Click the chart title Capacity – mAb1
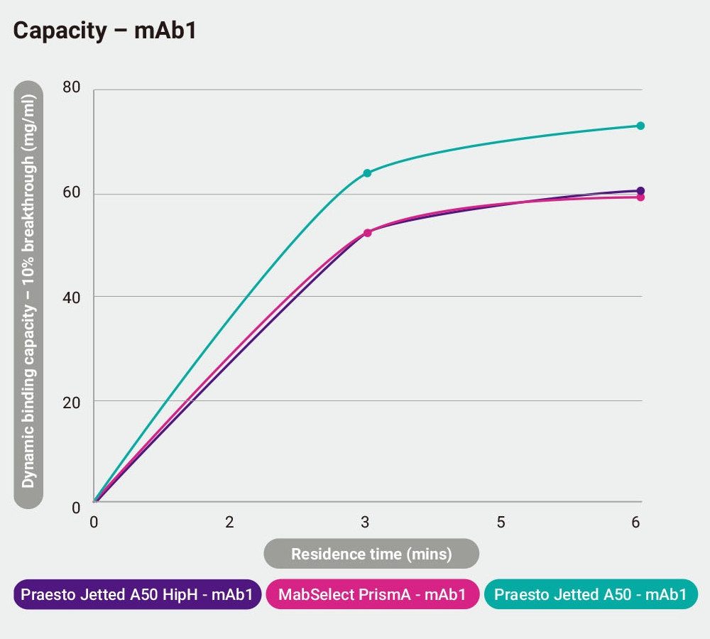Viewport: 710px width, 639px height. point(104,31)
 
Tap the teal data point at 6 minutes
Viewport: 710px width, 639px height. point(640,126)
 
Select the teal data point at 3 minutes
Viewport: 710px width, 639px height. point(367,173)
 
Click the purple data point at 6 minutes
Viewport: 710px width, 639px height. point(640,190)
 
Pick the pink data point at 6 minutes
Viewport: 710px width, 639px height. point(640,197)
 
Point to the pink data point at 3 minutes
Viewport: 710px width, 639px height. point(367,233)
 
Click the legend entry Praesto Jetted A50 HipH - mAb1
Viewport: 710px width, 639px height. point(137,595)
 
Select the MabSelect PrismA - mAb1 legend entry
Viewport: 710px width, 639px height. point(372,595)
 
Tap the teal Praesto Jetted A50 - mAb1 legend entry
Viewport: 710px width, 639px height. point(591,595)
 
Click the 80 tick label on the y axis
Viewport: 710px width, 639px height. point(72,88)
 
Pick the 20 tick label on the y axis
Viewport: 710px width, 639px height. point(72,401)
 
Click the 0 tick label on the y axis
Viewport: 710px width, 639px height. point(76,507)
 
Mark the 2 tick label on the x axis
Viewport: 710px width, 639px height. point(229,523)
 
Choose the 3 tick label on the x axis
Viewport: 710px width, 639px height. point(365,523)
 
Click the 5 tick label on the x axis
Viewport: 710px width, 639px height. point(501,523)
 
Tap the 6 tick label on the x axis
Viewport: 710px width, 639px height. point(635,523)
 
